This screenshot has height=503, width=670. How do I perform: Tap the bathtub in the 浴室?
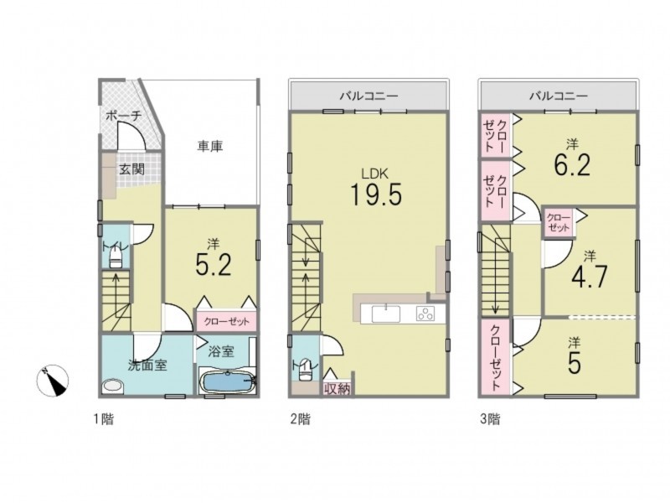tap(227, 381)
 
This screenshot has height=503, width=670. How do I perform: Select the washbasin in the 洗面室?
tap(113, 386)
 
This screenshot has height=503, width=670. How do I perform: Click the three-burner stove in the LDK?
tap(425, 314)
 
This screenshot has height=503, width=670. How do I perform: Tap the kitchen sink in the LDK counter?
tap(386, 314)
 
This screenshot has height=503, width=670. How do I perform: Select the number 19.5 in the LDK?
tap(376, 194)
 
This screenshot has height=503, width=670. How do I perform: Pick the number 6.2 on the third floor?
tap(572, 164)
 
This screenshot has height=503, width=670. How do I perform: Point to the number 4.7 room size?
tap(590, 277)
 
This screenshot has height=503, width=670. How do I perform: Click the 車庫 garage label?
tap(210, 147)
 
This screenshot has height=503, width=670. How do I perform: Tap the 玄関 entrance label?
tap(131, 169)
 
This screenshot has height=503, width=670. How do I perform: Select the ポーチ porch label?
tap(123, 117)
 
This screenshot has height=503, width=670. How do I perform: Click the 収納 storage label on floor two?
tap(338, 389)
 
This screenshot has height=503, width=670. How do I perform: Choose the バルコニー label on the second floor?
tap(368, 96)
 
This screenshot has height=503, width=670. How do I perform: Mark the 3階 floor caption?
tap(490, 418)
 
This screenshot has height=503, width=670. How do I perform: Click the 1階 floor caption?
tap(104, 418)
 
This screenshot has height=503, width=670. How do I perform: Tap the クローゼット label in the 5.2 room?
tap(226, 321)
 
